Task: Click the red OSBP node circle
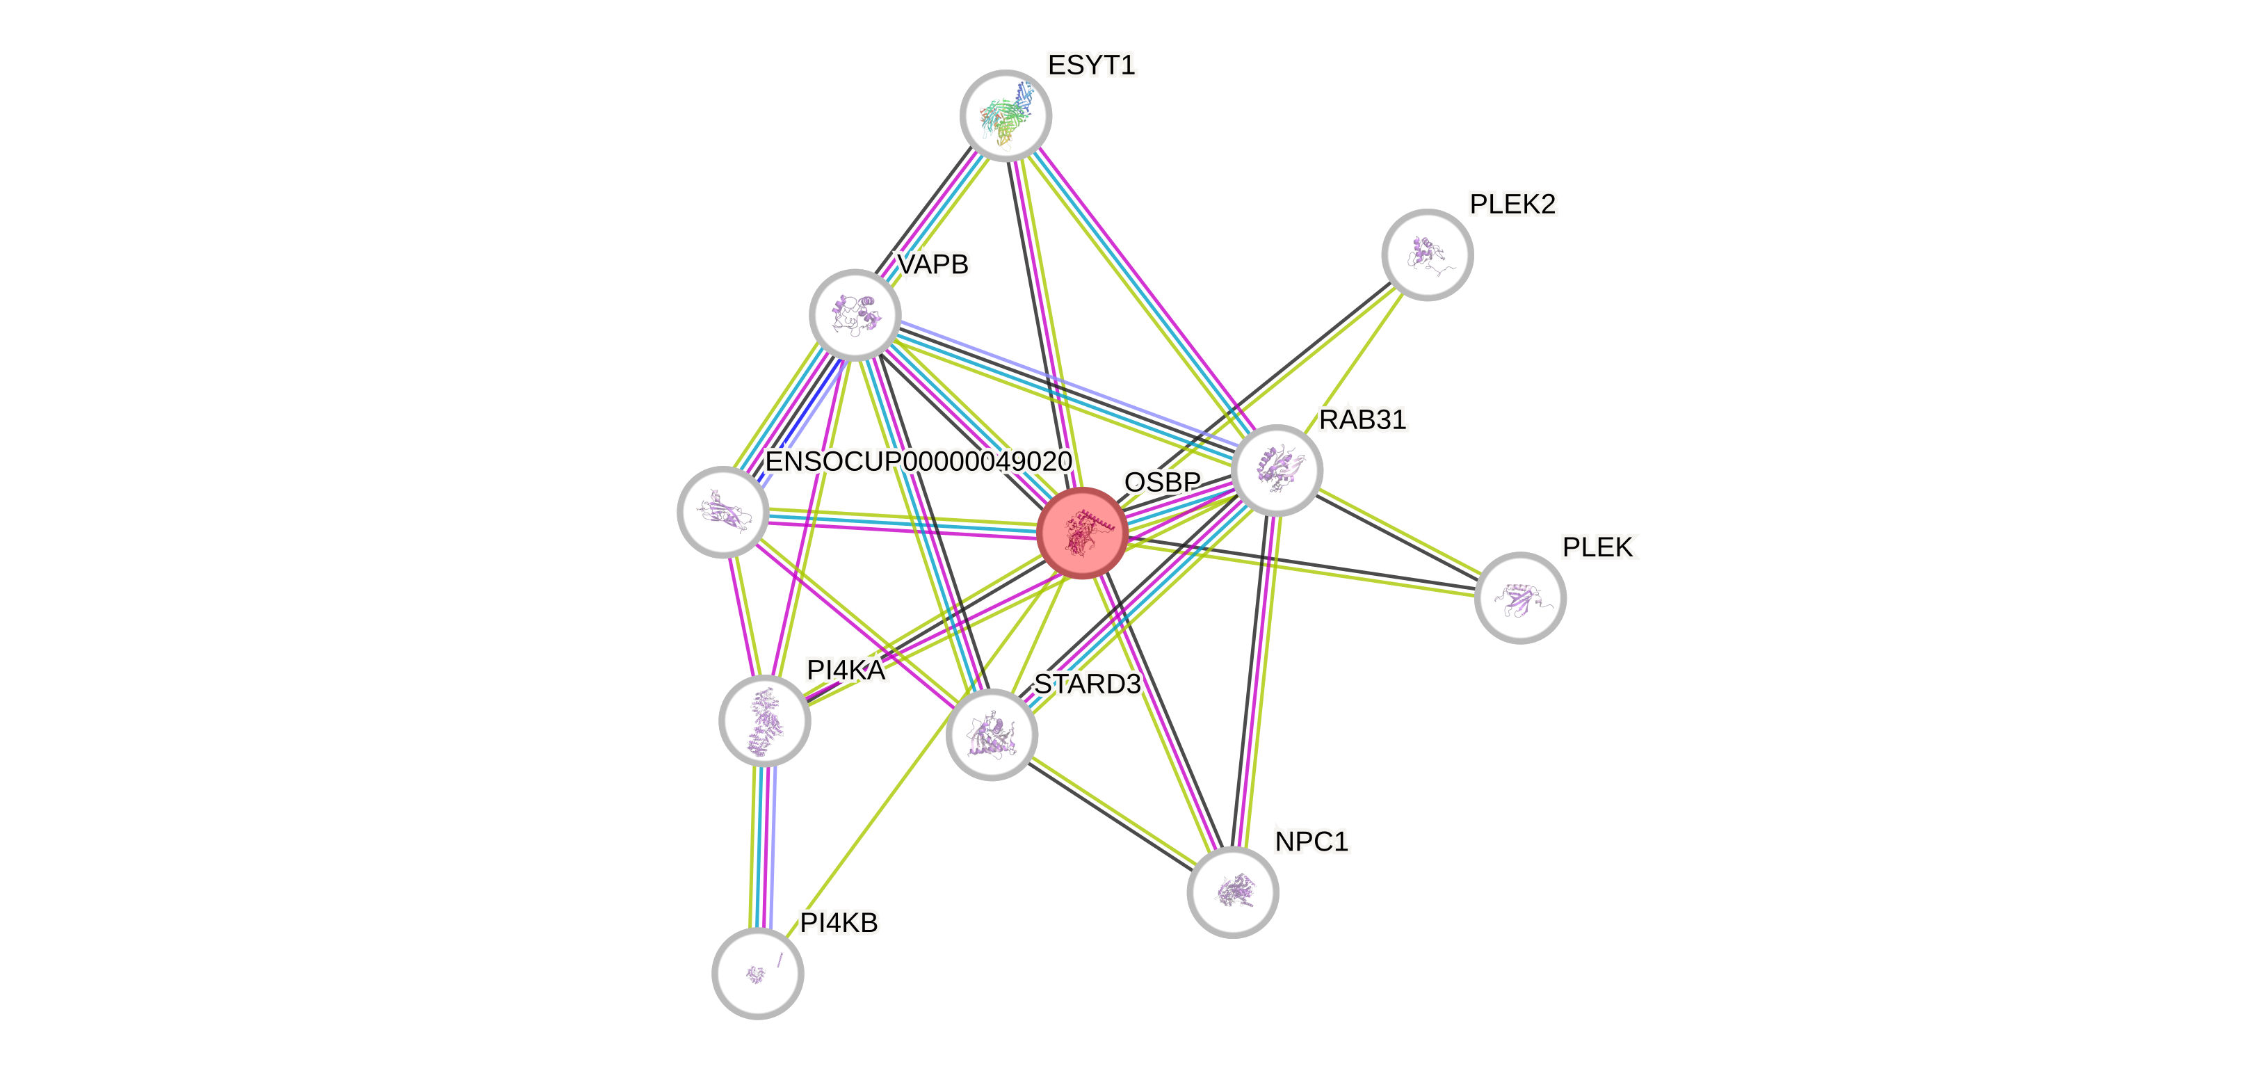tap(1082, 533)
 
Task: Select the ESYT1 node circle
tap(1006, 115)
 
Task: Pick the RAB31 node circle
tap(1277, 470)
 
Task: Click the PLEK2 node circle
tap(1426, 255)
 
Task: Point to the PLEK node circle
tap(1519, 597)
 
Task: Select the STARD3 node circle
tap(992, 734)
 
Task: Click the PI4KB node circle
tap(757, 973)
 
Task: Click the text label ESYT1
tap(1091, 65)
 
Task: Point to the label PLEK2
tap(1512, 204)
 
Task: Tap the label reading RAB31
tap(1362, 419)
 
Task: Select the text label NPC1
tap(1311, 841)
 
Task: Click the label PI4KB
tap(839, 923)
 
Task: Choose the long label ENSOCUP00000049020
tap(918, 461)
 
